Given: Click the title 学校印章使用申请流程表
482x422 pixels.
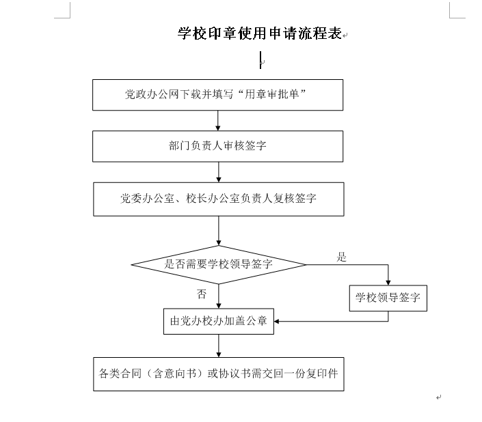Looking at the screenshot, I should pos(259,34).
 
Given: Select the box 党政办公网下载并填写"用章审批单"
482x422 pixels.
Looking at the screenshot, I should pos(218,95).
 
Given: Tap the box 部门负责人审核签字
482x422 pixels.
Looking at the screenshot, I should pos(218,146).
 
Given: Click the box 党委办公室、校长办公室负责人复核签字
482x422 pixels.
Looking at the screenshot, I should pos(218,199).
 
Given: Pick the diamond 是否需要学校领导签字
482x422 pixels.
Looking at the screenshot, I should pos(218,264).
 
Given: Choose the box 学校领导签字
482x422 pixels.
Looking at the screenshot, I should pos(388,298).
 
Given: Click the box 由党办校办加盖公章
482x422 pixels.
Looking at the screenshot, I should pos(218,321).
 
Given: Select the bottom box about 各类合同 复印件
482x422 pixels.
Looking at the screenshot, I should pos(218,374).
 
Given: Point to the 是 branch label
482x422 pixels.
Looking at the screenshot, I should pos(342,257).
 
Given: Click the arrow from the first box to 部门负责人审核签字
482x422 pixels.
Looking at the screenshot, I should pos(218,120).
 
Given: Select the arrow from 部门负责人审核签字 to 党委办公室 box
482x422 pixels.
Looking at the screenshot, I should pos(218,171).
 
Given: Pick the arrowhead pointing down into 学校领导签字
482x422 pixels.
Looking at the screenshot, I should pos(388,280).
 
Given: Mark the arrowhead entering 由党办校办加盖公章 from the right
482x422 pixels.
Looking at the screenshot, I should pos(278,321).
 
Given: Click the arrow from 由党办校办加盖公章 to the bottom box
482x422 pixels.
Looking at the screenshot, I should pos(218,346).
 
